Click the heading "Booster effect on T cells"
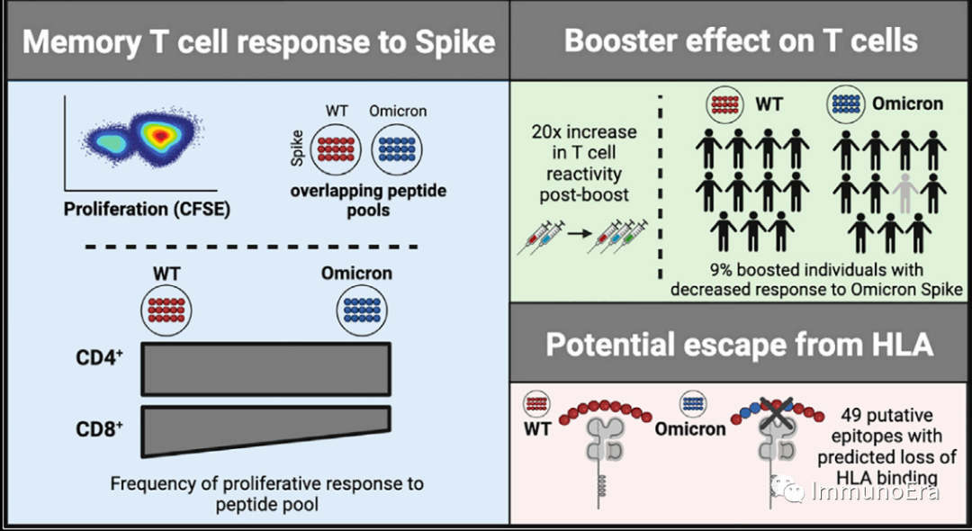click(x=741, y=41)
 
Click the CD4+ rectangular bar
click(x=265, y=369)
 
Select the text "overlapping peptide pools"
click(x=368, y=200)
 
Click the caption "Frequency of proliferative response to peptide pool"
click(x=266, y=494)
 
